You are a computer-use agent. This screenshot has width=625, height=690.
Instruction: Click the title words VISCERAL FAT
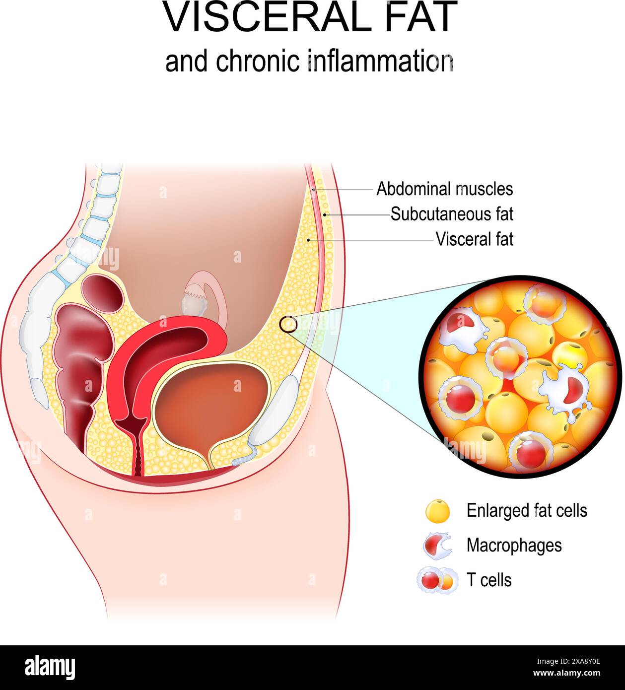click(x=310, y=18)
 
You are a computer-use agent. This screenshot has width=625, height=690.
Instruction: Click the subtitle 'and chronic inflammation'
click(x=309, y=62)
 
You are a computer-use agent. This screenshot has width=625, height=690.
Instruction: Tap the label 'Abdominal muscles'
click(x=444, y=189)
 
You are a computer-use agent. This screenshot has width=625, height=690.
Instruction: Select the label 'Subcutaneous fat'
click(x=452, y=214)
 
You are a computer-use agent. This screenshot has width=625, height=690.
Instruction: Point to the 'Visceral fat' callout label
click(x=474, y=239)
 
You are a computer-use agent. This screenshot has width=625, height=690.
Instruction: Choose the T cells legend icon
click(x=436, y=580)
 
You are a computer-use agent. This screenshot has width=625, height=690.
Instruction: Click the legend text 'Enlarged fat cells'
click(x=527, y=510)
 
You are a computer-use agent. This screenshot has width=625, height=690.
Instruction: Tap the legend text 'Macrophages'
click(x=514, y=545)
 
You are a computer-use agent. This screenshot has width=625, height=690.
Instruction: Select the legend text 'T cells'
click(x=488, y=580)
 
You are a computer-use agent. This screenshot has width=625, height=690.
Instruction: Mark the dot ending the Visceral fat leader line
click(x=309, y=240)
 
